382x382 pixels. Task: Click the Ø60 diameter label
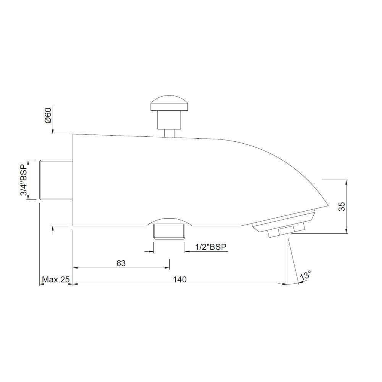pos(48,115)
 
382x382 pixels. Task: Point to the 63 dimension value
pos(121,263)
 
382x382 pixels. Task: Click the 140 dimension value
pos(180,279)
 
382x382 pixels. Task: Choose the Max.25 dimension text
pos(56,279)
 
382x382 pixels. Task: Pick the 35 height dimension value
pos(342,206)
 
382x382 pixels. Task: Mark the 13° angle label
pos(305,275)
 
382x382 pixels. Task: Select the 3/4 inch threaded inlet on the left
pos(56,180)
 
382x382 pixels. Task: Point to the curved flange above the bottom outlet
pos(168,222)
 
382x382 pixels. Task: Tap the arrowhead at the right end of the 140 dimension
pos(285,284)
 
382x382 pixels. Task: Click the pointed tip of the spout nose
pos(328,207)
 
